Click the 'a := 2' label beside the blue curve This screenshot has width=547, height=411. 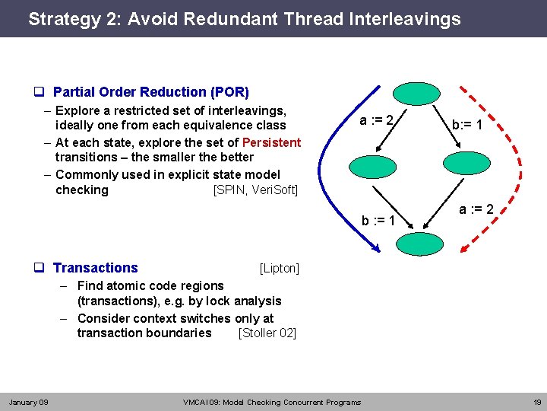tap(376, 120)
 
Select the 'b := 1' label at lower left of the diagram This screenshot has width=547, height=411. tap(378, 221)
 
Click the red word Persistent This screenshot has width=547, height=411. tap(271, 142)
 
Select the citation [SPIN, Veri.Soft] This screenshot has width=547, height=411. tap(255, 190)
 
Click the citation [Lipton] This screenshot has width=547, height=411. tap(279, 268)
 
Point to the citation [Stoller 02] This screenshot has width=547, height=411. tap(267, 333)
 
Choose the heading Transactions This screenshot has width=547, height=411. tap(96, 268)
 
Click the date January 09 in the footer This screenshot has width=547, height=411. tap(28, 402)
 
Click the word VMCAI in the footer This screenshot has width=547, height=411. tap(197, 402)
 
